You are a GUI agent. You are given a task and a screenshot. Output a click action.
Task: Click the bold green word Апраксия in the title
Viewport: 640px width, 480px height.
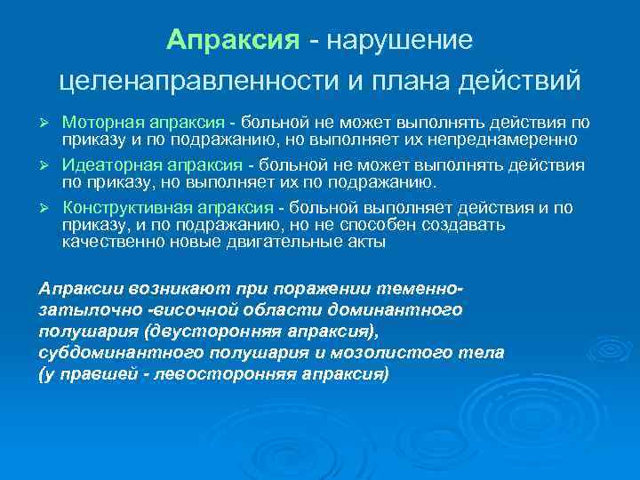pos(233,41)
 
